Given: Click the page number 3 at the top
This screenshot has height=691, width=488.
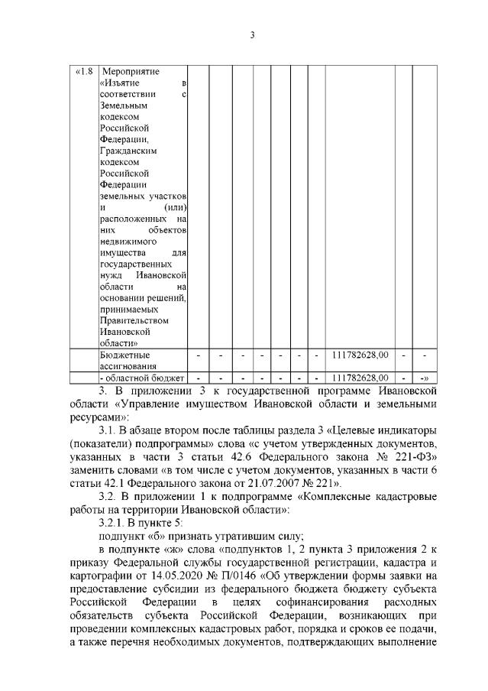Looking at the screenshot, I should (252, 34).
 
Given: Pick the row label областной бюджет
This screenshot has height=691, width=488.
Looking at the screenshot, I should (143, 378).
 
